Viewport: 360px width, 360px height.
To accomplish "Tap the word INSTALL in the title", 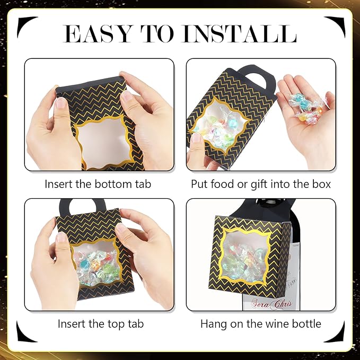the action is pos(239,33).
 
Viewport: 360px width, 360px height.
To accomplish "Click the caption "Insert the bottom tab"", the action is pos(98,184).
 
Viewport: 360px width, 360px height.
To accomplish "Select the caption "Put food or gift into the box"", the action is pos(261,185).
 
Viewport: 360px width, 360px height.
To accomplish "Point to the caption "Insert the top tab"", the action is pos(101,324).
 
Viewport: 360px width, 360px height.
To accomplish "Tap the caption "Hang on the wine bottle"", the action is pos(260,324).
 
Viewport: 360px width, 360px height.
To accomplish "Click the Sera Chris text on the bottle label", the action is pos(271,303).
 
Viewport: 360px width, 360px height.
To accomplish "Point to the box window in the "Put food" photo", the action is pos(218,124).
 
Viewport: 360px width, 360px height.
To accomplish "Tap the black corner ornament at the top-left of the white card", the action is pos(27,25).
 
